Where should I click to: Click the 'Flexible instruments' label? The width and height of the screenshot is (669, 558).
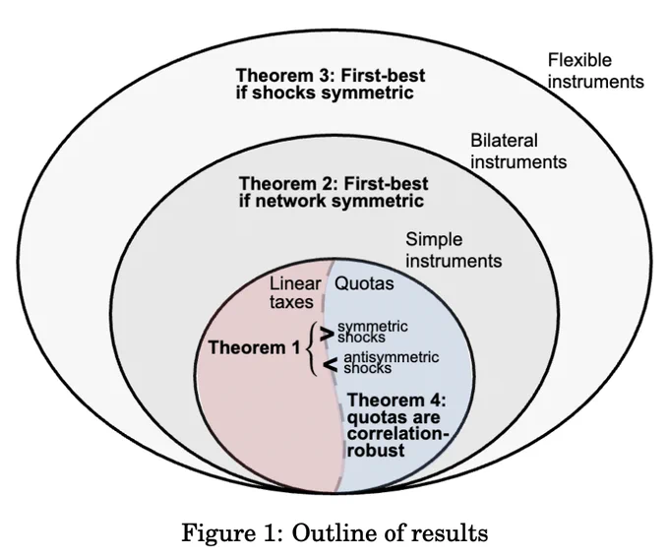point(595,71)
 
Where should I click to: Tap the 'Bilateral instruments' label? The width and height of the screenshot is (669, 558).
point(518,152)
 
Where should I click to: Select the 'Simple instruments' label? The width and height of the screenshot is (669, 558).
point(454,250)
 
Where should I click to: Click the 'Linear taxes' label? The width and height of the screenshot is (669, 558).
point(295,293)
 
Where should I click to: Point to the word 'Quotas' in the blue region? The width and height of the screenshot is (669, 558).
point(364,283)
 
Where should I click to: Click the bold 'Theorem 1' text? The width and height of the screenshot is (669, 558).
point(255,347)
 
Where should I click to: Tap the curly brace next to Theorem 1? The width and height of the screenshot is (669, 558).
point(312,348)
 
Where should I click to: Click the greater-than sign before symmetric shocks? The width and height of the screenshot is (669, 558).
point(327,334)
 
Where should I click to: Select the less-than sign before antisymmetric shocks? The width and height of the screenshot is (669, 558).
point(331,364)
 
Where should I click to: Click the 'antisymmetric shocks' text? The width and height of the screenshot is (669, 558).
point(391,362)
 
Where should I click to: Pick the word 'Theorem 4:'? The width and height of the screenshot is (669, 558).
point(396,400)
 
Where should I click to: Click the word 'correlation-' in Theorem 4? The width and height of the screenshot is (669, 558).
point(398,433)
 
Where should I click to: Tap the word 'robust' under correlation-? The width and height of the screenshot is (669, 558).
point(376,451)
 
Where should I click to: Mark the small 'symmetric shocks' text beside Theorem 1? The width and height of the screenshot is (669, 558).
point(373,332)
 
